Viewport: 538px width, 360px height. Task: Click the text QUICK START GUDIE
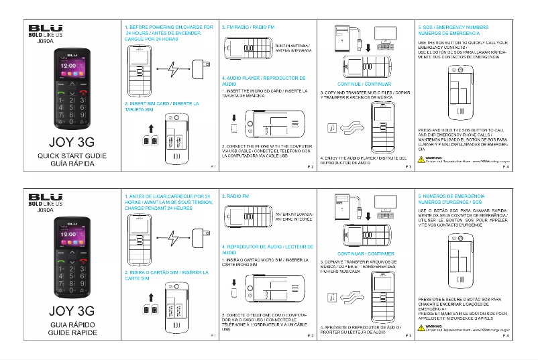click(66, 156)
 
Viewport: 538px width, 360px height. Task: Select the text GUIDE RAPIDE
click(66, 333)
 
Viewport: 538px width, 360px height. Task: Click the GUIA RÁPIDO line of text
click(66, 324)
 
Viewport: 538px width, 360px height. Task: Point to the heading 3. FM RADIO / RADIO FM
click(248, 26)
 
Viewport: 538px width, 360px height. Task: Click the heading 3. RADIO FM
click(235, 195)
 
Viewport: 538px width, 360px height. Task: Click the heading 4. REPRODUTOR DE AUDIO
click(263, 249)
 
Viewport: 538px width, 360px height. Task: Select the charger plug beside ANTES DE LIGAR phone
click(199, 238)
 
